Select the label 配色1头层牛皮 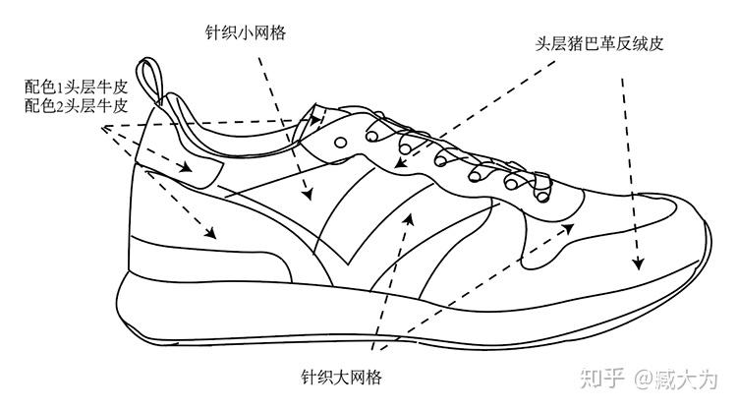coord(78,87)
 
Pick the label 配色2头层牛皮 coord(78,105)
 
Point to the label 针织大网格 coord(341,378)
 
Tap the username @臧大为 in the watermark coord(676,377)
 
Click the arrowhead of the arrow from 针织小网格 coord(308,194)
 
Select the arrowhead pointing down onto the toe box coord(638,264)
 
